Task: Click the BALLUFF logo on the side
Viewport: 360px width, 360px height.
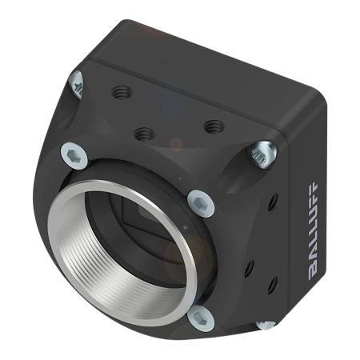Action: (x=313, y=231)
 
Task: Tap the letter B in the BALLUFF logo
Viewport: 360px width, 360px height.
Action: (x=313, y=274)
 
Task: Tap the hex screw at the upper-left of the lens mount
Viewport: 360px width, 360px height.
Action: (x=74, y=155)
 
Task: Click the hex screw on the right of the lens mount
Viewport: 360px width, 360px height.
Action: (x=201, y=203)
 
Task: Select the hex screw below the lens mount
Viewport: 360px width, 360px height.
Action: (x=201, y=318)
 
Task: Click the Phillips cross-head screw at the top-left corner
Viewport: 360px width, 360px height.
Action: (x=77, y=85)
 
